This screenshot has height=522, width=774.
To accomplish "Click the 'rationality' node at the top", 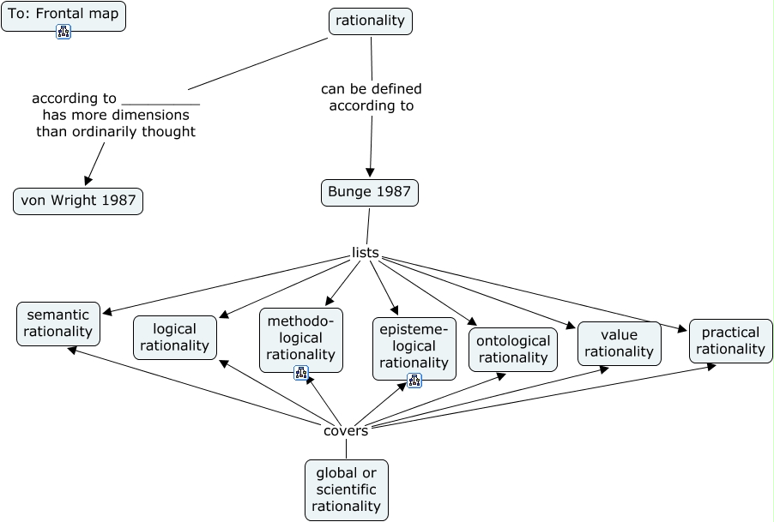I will point(371,21).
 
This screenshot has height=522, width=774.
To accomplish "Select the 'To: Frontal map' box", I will point(63,14).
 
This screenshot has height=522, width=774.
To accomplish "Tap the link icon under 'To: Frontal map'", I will point(63,32).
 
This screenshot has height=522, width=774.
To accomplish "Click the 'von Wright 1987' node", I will point(78,201).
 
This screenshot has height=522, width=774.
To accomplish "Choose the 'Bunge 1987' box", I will point(370,193).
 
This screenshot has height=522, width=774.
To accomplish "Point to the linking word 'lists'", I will point(366,252).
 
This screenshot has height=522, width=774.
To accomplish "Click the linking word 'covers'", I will point(346,430).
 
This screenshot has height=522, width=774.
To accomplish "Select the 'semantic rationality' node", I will point(58,323).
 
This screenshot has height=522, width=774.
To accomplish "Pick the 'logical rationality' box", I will point(175,337).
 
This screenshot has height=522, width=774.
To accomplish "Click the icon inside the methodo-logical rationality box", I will point(301,372).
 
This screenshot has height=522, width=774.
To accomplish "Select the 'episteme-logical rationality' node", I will point(414,345).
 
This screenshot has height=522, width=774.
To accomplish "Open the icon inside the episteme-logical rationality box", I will point(414,381).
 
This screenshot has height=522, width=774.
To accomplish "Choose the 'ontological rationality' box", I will point(513,349).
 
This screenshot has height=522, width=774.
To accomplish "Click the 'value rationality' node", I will point(619,343).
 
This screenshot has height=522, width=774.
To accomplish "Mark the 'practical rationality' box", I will point(730,340).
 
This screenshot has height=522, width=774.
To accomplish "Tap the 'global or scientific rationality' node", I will point(347,489).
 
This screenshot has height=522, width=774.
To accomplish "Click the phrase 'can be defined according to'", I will point(372,98).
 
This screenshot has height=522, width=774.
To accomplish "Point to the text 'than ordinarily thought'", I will point(116,132).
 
